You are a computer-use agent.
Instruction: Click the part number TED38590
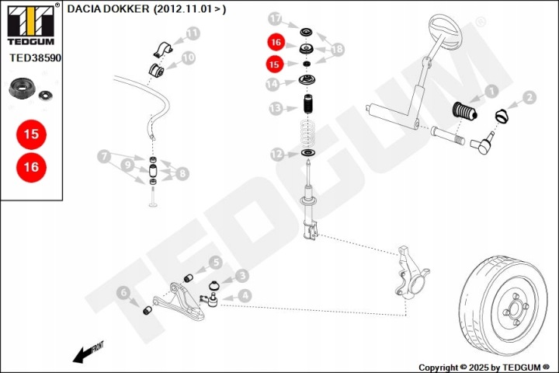pos(35,58)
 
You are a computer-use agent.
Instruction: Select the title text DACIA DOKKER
pos(109,10)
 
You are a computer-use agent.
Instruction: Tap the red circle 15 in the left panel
pos(31,134)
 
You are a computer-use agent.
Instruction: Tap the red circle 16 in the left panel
pos(31,166)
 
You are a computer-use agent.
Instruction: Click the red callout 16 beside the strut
pos(275,44)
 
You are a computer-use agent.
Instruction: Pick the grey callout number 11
pos(193,33)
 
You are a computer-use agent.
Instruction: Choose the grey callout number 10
pos(188,58)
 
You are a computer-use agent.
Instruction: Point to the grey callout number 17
pos(275,18)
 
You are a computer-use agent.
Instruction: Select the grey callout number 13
pos(275,108)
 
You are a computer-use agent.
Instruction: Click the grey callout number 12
pos(277,155)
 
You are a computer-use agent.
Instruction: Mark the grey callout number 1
pos(490,92)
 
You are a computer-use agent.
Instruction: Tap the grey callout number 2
pos(529,98)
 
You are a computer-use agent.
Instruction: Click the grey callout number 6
pos(123,292)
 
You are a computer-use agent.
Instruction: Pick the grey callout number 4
pos(244,295)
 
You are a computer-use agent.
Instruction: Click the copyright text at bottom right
pos(484,367)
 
